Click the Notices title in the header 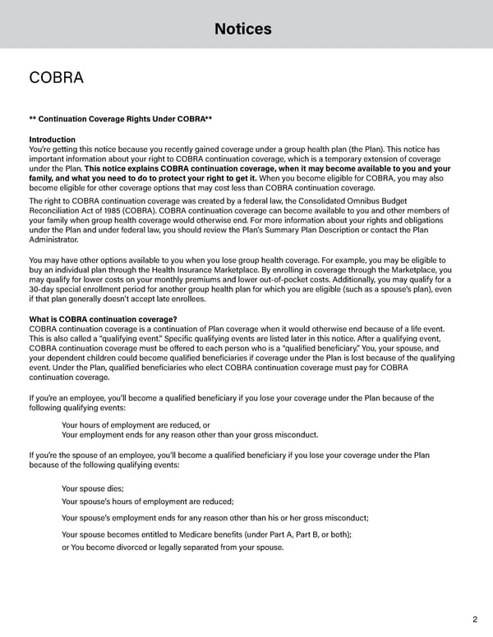click(242, 30)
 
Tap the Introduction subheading click(52, 140)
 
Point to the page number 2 click(476, 620)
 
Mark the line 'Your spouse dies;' click(93, 488)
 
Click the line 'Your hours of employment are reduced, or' click(136, 424)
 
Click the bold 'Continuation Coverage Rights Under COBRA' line click(121, 120)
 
